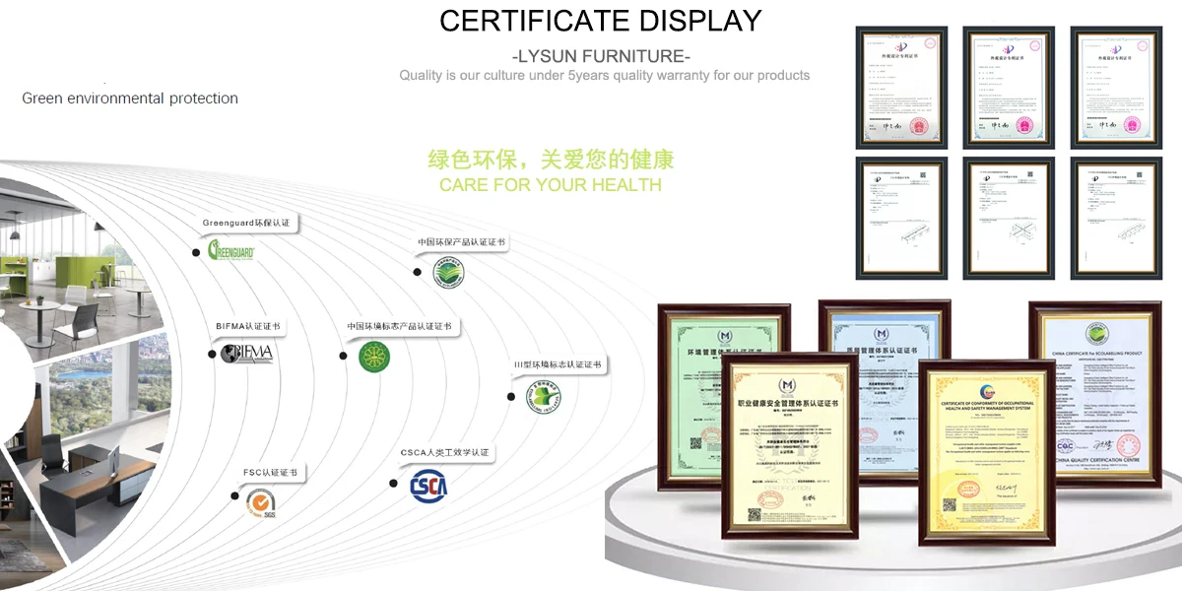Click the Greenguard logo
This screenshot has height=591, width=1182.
pyautogui.click(x=232, y=251)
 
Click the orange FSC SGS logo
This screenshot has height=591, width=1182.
pyautogui.click(x=262, y=505)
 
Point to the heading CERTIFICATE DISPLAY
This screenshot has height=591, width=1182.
pyautogui.click(x=600, y=21)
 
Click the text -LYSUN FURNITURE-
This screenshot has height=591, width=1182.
pyautogui.click(x=601, y=55)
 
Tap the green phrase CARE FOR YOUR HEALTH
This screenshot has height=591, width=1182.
pyautogui.click(x=551, y=185)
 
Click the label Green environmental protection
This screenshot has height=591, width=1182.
pyautogui.click(x=130, y=98)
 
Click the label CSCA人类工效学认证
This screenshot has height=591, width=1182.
pyautogui.click(x=444, y=453)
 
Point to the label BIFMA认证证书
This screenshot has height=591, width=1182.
pyautogui.click(x=248, y=326)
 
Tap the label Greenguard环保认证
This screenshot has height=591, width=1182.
pyautogui.click(x=246, y=224)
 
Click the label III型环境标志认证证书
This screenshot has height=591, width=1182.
pyautogui.click(x=557, y=364)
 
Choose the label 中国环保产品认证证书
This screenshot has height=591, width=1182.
pyautogui.click(x=461, y=242)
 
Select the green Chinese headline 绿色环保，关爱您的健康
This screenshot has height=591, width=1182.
pyautogui.click(x=551, y=160)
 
